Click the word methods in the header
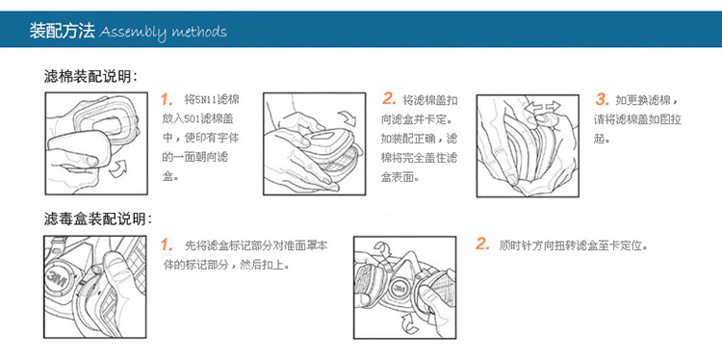199,32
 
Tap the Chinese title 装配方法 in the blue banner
63,31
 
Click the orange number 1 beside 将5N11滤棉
167,99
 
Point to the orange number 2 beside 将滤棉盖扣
389,98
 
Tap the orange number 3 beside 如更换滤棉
603,99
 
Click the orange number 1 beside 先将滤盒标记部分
167,244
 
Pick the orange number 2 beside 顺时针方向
482,244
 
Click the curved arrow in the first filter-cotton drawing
118,169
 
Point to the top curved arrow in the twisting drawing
383,250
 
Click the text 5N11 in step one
201,100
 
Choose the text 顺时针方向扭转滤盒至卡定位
574,244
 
